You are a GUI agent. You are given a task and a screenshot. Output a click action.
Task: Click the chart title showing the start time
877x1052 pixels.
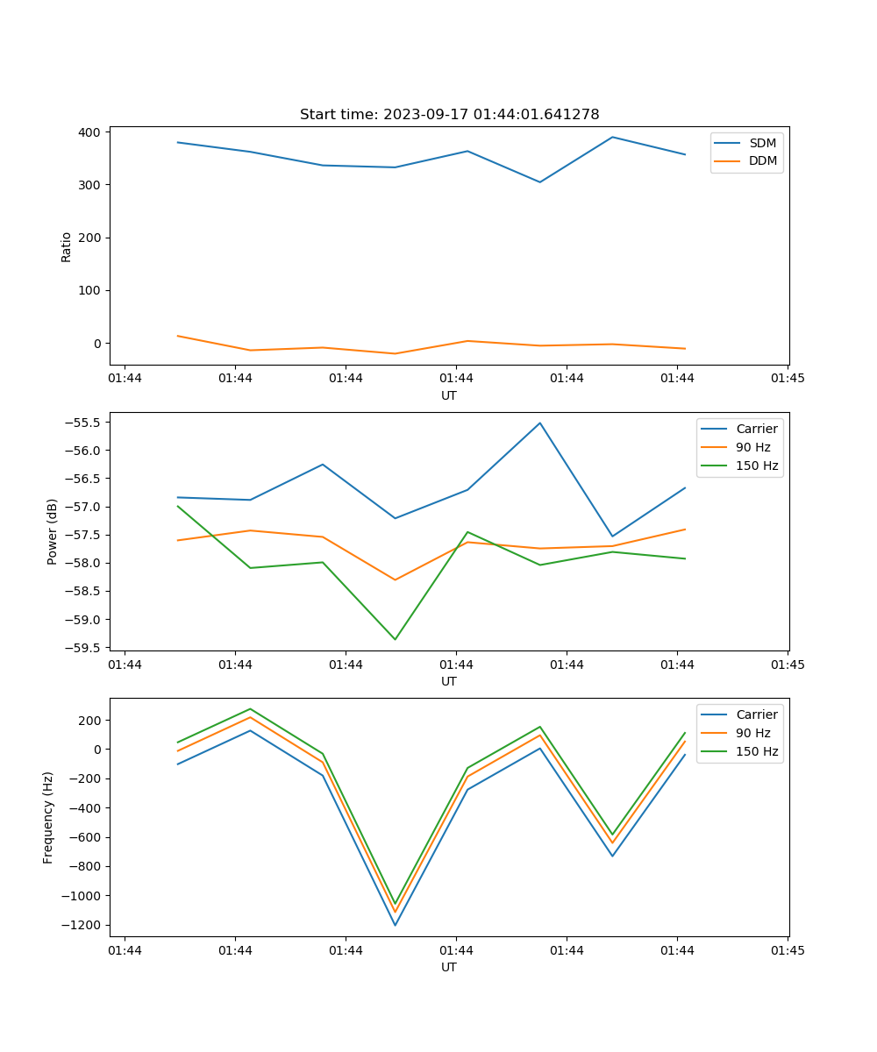[449, 115]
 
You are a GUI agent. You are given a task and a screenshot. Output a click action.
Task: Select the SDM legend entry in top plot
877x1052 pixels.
[762, 143]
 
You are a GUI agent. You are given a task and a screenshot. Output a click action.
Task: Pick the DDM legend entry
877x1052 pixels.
[763, 161]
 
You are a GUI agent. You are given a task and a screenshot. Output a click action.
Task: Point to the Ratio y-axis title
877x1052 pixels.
[67, 247]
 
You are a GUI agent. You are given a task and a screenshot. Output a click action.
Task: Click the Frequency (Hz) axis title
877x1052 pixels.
[49, 817]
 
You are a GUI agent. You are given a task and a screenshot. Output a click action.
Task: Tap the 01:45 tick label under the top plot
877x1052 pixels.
[788, 379]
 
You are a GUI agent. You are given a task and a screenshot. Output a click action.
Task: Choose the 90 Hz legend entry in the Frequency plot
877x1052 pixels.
[753, 733]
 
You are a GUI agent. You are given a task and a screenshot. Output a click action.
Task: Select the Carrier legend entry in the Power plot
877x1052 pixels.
[757, 429]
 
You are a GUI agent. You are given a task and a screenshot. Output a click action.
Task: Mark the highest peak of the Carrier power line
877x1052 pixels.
[540, 423]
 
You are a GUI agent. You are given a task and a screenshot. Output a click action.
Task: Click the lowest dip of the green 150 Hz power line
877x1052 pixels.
[395, 639]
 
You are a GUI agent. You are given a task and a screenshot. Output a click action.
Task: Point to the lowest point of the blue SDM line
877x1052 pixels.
[540, 182]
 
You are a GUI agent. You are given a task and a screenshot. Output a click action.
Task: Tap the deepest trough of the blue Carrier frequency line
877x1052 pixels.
[395, 925]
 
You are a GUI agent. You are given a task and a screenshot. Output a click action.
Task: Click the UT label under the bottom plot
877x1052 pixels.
[449, 967]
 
